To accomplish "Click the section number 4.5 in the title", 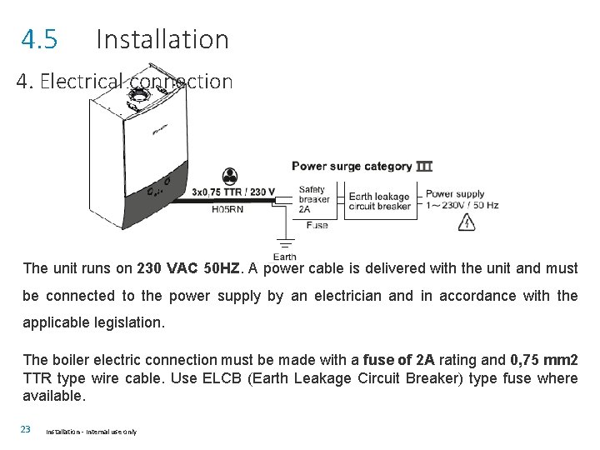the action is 39,39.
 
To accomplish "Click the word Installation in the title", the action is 162,39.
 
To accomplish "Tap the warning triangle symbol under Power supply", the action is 467,222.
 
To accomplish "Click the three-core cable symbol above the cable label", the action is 229,177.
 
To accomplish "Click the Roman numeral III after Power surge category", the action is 424,166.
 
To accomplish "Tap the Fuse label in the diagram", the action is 317,225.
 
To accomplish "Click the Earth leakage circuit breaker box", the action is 379,201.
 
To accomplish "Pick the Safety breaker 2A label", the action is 313,199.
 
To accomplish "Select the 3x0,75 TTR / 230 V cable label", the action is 233,192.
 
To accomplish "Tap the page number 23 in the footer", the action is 26,429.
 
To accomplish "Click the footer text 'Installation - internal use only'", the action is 91,432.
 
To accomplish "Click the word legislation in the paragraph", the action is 125,322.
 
